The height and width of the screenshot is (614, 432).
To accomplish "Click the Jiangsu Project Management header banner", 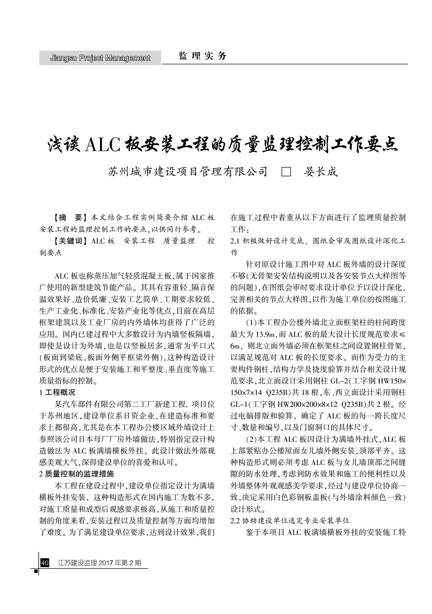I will pos(100,58).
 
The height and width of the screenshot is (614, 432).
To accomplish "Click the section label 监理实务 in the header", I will pos(202,56).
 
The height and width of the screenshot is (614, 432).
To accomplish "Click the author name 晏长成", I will pos(321,172).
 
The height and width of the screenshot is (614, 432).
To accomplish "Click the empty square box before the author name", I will pos(286,172).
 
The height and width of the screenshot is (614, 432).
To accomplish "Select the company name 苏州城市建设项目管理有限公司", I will pos(188,172).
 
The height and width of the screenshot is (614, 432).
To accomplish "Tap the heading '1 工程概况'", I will pos(57,393).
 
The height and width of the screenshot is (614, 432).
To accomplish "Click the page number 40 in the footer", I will pos(45,563).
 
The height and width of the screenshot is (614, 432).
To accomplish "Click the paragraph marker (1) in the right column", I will pos(252,322).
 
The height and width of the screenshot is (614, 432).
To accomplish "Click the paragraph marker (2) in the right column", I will pos(252,439).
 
